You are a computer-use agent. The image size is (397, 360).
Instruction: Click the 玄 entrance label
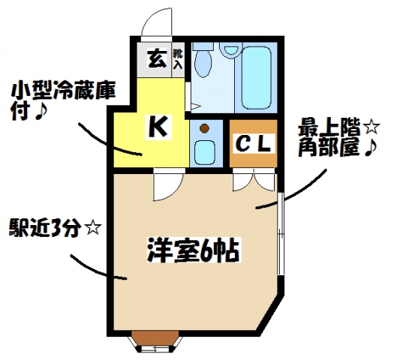(x=157, y=59)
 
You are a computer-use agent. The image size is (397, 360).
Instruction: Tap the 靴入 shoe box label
(x=178, y=59)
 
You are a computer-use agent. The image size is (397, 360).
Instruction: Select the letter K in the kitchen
(x=158, y=126)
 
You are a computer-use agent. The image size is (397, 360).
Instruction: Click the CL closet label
(x=254, y=144)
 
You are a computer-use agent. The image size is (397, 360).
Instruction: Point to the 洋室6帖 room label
(x=194, y=250)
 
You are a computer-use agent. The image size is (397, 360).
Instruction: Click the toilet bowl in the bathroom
(x=203, y=60)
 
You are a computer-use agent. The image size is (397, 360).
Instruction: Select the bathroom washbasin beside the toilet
(x=230, y=50)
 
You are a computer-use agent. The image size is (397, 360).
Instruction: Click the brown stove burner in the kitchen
(x=204, y=128)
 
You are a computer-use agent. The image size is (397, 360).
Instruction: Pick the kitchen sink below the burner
(x=205, y=152)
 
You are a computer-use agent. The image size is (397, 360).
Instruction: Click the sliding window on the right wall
(x=280, y=234)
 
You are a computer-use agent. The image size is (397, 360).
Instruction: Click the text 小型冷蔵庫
(x=63, y=91)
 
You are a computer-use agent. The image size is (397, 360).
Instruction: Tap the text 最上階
(x=329, y=129)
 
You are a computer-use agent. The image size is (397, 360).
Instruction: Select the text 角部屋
(x=329, y=148)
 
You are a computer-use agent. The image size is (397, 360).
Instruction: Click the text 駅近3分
(x=47, y=229)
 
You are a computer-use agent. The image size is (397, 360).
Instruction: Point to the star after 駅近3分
(x=94, y=229)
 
